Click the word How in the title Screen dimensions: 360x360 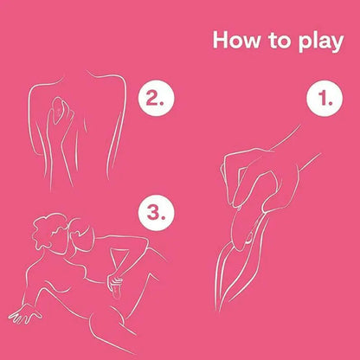pos(236,40)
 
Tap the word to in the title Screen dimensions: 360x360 pos(280,41)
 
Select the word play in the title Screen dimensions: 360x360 pos(321,42)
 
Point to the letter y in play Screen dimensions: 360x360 pos(337,45)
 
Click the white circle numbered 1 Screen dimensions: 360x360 pos(325,99)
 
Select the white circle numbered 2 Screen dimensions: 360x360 pos(156,99)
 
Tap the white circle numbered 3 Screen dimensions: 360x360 pos(156,213)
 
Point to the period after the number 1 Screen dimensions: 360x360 pos(331,103)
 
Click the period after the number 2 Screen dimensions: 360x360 pos(163,103)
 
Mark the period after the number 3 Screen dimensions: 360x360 pos(163,218)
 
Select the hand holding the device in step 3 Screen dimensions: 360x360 pos(114,280)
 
